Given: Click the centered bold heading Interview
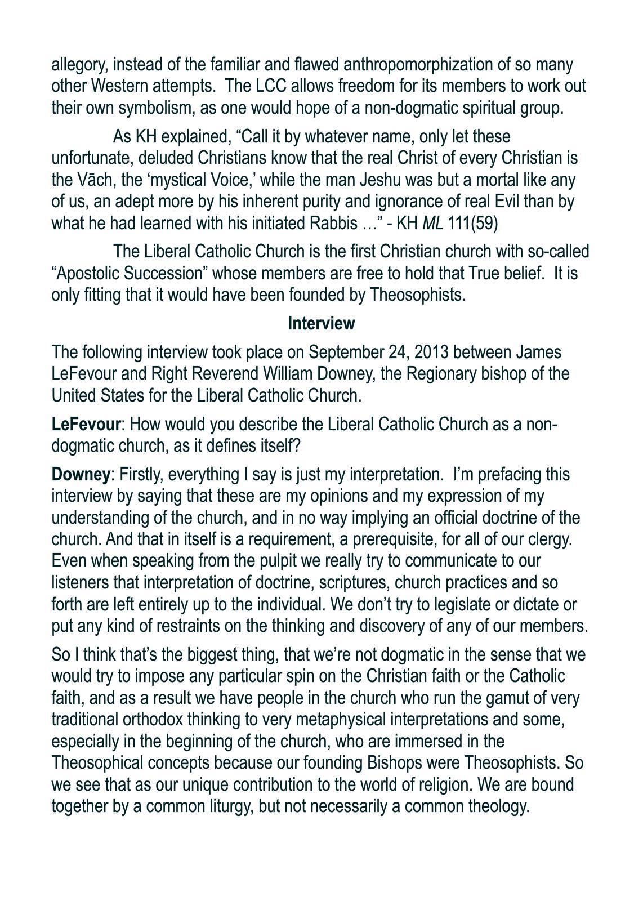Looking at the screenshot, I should (321, 324).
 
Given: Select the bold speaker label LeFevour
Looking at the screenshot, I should (86, 424).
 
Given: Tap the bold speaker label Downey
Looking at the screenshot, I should (81, 475).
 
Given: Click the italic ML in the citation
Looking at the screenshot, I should (432, 224).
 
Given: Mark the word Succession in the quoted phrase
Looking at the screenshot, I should (163, 273).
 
